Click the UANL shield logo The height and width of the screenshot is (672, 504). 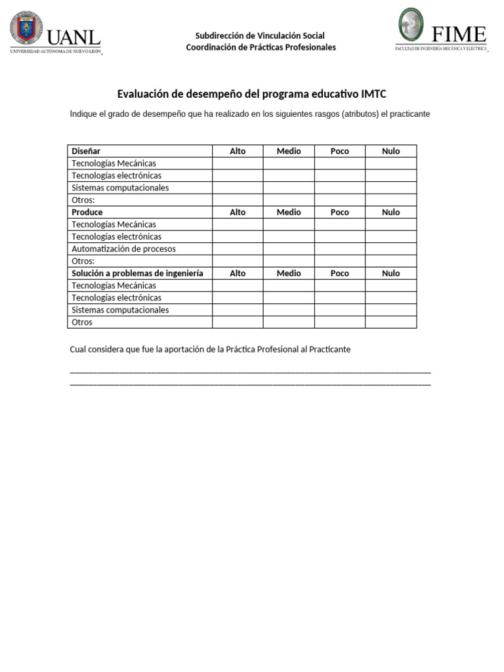click(x=26, y=30)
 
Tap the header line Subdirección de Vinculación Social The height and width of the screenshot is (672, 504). click(x=260, y=35)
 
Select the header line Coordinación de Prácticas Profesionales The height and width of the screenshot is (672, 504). click(x=261, y=47)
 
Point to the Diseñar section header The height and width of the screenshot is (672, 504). click(x=86, y=151)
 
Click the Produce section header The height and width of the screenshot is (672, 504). click(x=87, y=212)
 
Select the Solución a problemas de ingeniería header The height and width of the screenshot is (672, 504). click(x=137, y=273)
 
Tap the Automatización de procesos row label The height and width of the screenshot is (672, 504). click(x=123, y=249)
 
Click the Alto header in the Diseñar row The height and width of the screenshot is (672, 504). click(x=238, y=151)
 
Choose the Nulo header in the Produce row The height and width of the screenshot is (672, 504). click(x=390, y=212)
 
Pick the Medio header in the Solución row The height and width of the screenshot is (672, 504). click(x=289, y=273)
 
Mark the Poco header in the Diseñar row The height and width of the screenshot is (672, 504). click(x=339, y=151)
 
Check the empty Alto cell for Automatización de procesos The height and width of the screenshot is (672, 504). click(x=238, y=249)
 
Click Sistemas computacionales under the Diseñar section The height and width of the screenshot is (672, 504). click(x=120, y=188)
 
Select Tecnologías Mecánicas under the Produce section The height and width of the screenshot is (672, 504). click(x=114, y=224)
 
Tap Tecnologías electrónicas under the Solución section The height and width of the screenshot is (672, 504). click(x=116, y=298)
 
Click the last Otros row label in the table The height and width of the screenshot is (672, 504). click(x=82, y=322)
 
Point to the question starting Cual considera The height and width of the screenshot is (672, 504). click(x=210, y=349)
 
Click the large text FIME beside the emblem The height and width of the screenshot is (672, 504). click(x=459, y=34)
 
